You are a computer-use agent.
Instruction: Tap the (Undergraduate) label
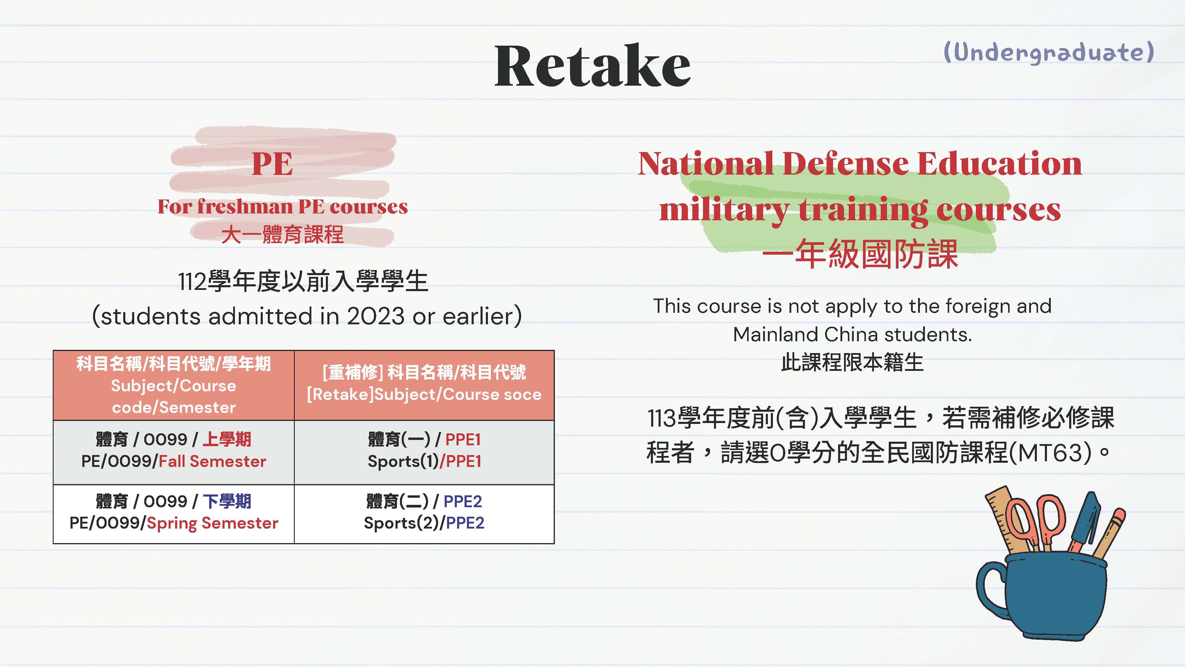pyautogui.click(x=1049, y=52)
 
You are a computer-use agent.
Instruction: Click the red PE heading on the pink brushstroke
pyautogui.click(x=272, y=164)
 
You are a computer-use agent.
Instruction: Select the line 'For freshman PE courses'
pyautogui.click(x=282, y=207)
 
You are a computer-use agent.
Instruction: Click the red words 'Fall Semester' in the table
pyautogui.click(x=212, y=461)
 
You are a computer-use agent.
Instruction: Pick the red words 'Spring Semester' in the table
pyautogui.click(x=212, y=524)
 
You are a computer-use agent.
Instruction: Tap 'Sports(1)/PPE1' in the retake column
pyautogui.click(x=424, y=461)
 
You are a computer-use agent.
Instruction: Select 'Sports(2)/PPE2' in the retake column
pyautogui.click(x=424, y=523)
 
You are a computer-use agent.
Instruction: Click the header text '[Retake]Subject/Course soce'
pyautogui.click(x=424, y=395)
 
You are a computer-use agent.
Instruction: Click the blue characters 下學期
pyautogui.click(x=227, y=501)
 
